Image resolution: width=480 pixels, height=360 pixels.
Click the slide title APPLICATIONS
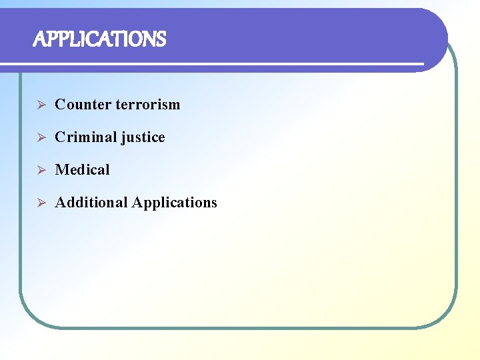coord(99,40)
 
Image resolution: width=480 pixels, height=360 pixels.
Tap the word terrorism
coord(147,105)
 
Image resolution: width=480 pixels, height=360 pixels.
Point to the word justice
coord(143,138)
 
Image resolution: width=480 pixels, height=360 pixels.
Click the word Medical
coord(82,170)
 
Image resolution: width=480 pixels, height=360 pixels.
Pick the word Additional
coord(91,203)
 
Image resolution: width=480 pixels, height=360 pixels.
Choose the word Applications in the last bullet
coord(175,203)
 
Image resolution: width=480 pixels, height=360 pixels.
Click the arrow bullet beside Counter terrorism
coord(40,105)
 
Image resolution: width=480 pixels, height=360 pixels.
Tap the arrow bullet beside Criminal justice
coord(40,137)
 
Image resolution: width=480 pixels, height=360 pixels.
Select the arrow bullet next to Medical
coord(40,170)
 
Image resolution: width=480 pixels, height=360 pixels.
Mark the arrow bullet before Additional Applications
coord(40,203)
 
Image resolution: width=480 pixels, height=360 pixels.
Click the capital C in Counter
coord(60,105)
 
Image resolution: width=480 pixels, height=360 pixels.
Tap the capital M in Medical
coord(61,170)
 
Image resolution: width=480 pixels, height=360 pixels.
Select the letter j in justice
coord(123,138)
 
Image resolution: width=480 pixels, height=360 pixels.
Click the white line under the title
coord(213,64)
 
